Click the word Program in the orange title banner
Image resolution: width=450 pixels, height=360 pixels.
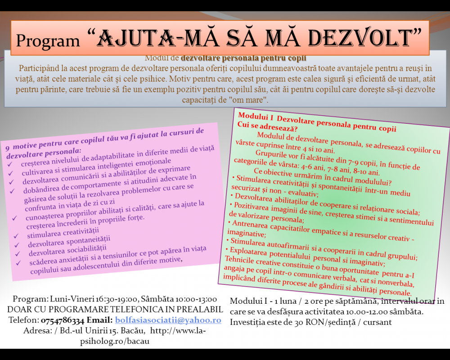48,40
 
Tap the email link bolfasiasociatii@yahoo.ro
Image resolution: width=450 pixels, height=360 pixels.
168,320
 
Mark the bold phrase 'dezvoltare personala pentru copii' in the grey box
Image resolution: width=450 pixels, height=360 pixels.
243,58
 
